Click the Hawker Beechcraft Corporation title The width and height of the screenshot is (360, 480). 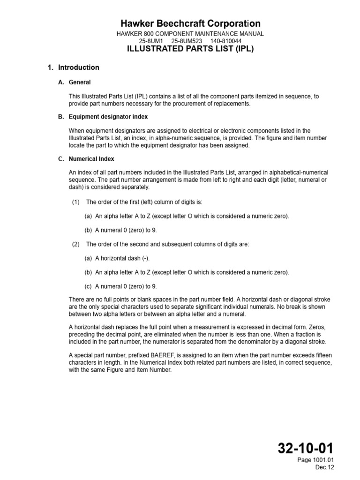point(190,23)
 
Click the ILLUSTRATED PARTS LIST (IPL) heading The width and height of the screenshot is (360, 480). point(190,49)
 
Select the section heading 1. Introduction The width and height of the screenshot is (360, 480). point(74,67)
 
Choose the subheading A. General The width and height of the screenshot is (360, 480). point(75,82)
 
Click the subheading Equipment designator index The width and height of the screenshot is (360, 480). point(108,117)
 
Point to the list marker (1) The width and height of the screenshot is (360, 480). point(76,202)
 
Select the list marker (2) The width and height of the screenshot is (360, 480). point(76,244)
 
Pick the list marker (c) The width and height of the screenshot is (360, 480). point(88,286)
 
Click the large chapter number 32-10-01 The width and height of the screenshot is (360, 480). point(305,449)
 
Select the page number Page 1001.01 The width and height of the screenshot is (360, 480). point(315,460)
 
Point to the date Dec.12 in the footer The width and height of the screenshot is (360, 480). point(324,467)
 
